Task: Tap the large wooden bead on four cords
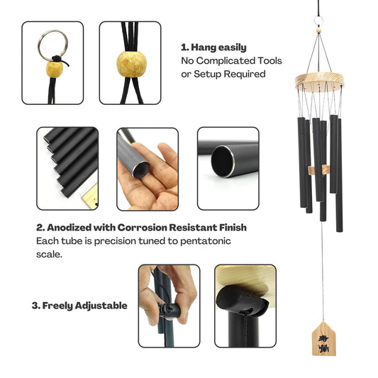132,64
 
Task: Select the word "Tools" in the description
269,61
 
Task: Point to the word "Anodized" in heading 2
70,228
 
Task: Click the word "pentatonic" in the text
206,241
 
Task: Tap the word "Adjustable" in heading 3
101,306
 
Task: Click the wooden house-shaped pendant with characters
323,339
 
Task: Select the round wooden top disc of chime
319,82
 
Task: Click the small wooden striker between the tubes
318,170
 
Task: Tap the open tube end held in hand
141,169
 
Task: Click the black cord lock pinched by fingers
169,311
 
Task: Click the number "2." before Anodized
40,228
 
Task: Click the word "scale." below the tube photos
49,254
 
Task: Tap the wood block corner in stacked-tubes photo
90,196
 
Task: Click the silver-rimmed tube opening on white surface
223,161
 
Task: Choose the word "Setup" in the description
208,74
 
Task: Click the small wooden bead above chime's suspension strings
318,30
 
